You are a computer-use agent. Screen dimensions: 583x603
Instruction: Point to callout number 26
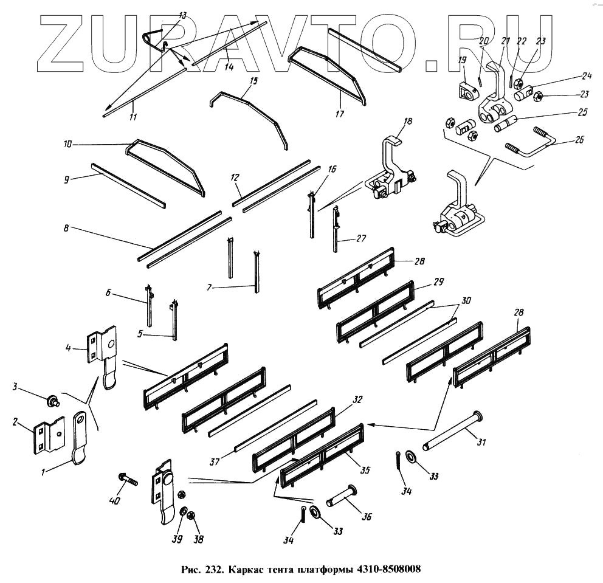point(579,139)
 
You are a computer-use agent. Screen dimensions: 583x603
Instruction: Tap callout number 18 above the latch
point(407,122)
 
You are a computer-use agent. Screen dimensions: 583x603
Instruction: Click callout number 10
point(67,145)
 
